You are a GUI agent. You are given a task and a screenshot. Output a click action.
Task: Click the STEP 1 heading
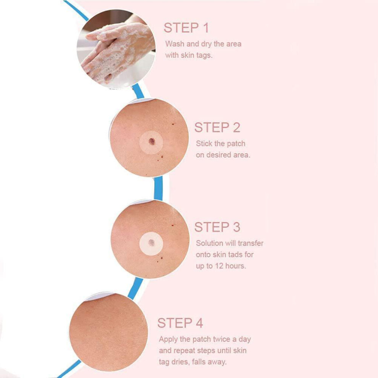(x=186, y=28)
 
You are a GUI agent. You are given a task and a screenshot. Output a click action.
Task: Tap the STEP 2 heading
(x=217, y=127)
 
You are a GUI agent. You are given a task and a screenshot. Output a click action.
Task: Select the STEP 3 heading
(x=217, y=227)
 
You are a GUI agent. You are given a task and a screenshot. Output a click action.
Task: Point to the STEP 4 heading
(x=180, y=323)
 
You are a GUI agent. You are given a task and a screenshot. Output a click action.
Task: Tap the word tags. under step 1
(x=204, y=55)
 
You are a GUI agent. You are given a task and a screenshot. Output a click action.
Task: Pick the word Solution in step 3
(x=210, y=243)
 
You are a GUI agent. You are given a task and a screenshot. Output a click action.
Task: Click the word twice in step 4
(x=222, y=339)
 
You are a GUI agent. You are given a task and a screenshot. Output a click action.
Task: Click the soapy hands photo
(x=116, y=49)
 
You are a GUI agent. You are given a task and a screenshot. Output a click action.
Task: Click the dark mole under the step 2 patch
(x=152, y=142)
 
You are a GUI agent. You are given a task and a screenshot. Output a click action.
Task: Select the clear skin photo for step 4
(x=108, y=332)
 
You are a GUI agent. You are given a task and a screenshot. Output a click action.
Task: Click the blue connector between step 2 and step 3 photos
(x=158, y=188)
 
